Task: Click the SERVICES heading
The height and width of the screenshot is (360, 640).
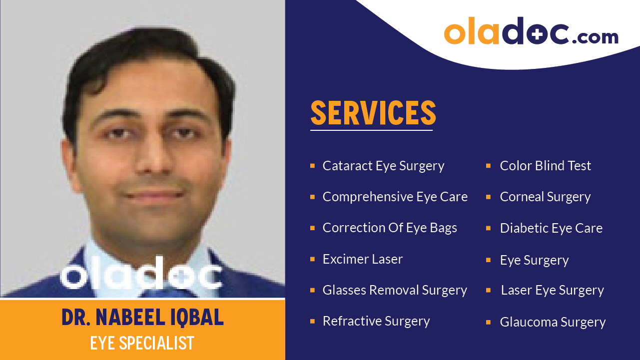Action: point(373,113)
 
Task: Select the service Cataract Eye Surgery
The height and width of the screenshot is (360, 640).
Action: point(383,166)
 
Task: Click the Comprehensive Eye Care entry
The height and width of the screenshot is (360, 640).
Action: point(395,197)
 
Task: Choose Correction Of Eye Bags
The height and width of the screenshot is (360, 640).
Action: point(390,228)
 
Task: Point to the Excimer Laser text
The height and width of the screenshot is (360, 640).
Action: point(362,259)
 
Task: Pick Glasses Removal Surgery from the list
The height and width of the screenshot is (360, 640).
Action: point(395,290)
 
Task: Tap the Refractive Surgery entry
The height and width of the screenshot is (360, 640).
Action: point(376,321)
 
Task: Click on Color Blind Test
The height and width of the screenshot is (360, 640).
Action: point(545,166)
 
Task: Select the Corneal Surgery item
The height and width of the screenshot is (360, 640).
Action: point(545,197)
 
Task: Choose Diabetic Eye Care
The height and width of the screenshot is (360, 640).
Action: point(551,228)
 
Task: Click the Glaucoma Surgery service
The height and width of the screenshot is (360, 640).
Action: point(553,322)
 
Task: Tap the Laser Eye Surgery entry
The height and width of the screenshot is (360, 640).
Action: point(552,290)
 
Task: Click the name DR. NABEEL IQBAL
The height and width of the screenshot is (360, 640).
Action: point(142,318)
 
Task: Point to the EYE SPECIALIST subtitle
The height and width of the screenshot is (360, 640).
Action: point(142,343)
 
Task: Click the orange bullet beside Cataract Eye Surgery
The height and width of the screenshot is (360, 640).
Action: point(312,166)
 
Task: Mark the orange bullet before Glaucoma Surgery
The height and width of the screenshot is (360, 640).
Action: point(489,322)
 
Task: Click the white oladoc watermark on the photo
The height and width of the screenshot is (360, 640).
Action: point(141,274)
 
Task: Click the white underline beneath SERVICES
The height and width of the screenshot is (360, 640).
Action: point(371,130)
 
